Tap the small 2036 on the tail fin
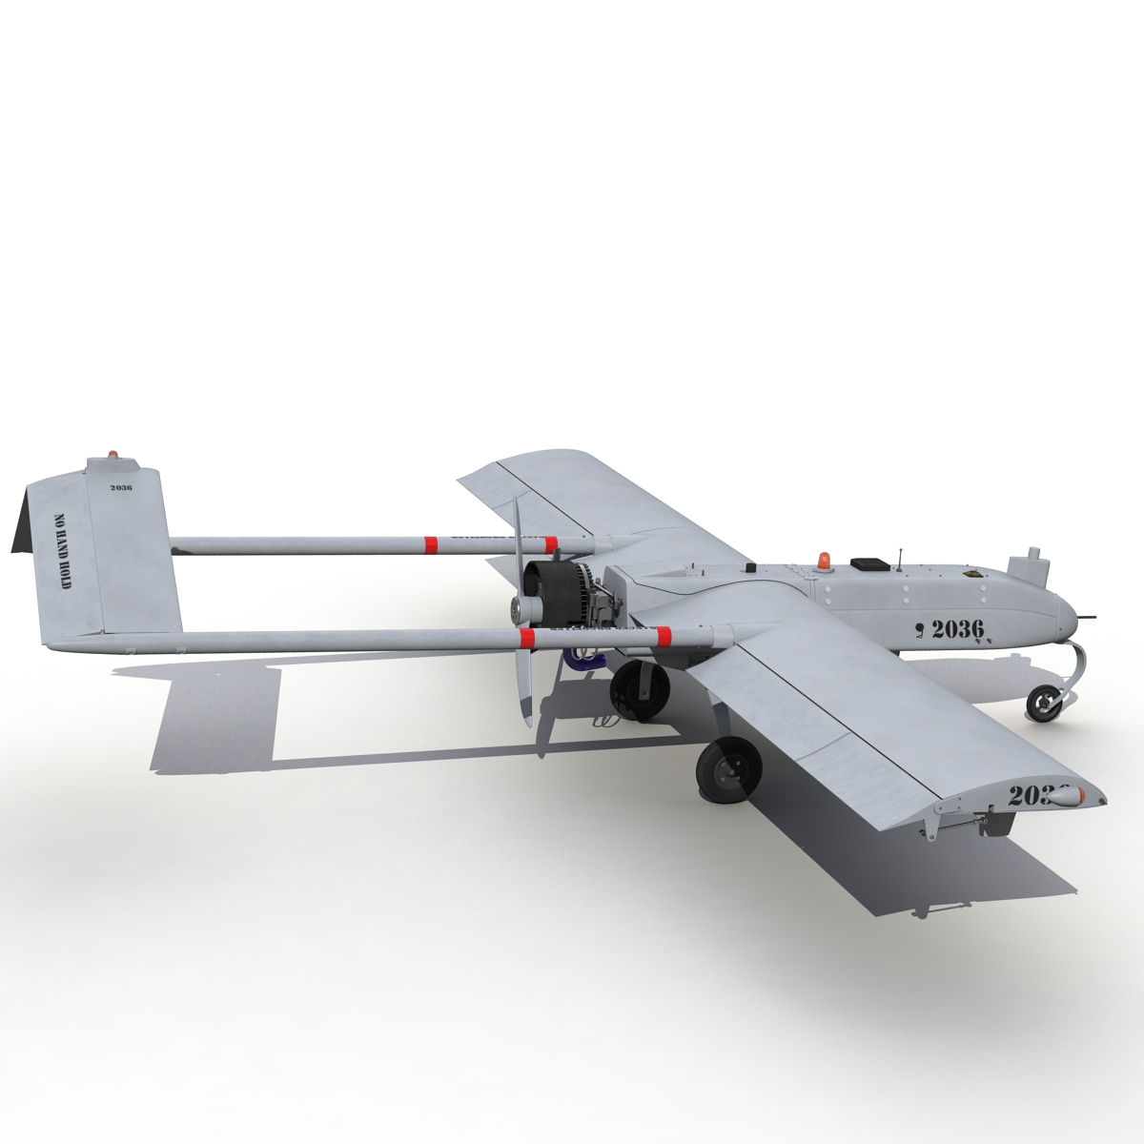pyautogui.click(x=121, y=487)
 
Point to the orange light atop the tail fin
pyautogui.click(x=114, y=455)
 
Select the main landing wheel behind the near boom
pyautogui.click(x=636, y=685)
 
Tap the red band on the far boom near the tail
pyautogui.click(x=430, y=544)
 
